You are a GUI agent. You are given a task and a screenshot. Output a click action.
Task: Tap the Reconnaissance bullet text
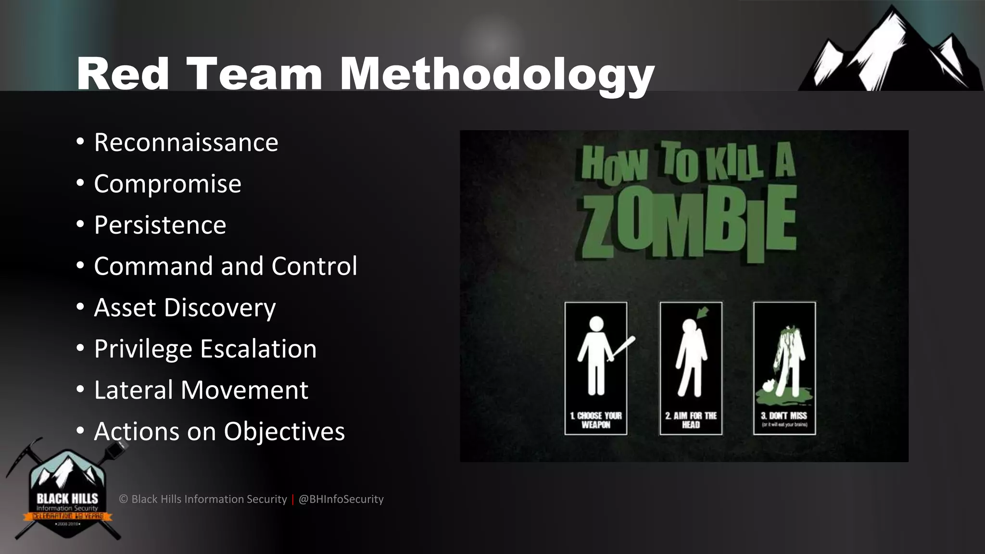click(x=186, y=142)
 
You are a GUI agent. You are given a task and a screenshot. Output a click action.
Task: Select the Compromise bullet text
click(x=167, y=184)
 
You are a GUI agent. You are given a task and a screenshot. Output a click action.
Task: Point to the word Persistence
click(x=160, y=225)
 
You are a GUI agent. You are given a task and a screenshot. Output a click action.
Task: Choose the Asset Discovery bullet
click(x=185, y=308)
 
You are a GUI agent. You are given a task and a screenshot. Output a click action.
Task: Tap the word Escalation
click(x=258, y=349)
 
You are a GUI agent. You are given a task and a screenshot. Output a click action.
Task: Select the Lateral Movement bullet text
click(x=201, y=390)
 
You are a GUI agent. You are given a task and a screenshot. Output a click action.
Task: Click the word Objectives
click(x=284, y=431)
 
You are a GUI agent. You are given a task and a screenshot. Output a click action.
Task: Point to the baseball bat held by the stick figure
click(x=622, y=348)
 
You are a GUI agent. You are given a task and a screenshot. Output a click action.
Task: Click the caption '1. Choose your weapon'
click(x=595, y=420)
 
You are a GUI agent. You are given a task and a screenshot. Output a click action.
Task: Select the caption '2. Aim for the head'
click(x=691, y=420)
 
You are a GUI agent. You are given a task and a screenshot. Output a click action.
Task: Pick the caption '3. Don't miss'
click(x=784, y=416)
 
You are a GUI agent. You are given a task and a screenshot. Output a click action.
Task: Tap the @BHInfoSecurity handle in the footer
click(x=341, y=499)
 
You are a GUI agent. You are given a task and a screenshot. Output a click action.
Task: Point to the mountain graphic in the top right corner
click(x=892, y=53)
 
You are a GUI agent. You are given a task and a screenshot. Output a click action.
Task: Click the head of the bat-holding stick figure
click(x=596, y=324)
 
